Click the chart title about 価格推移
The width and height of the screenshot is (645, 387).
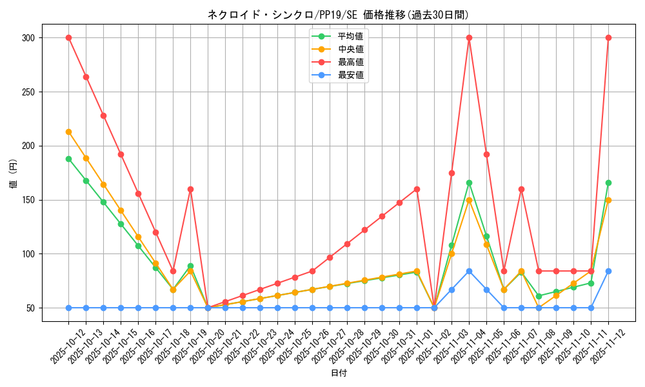tap(338, 15)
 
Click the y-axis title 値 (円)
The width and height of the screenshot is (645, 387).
tap(13, 173)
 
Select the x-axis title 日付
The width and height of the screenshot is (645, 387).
tap(339, 373)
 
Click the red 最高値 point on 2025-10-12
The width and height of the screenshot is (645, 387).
tap(68, 37)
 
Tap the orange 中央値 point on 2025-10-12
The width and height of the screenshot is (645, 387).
tap(68, 132)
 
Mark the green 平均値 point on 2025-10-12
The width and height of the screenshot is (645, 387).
tap(68, 159)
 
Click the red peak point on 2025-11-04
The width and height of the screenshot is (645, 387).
tap(469, 37)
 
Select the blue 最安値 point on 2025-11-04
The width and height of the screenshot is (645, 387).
tap(469, 271)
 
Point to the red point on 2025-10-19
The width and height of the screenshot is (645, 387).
tap(190, 189)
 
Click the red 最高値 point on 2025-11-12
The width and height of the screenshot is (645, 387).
tap(608, 37)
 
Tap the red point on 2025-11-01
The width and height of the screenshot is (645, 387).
tap(417, 189)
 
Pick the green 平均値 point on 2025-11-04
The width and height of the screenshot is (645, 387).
tap(469, 183)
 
